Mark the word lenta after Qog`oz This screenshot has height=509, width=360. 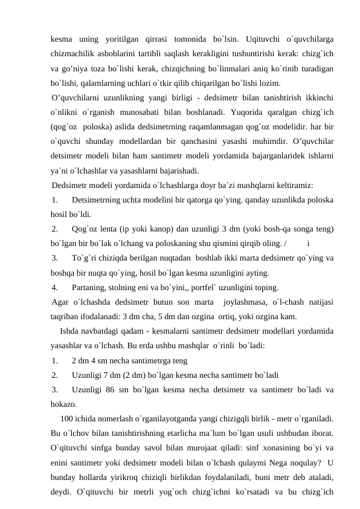click(109, 229)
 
